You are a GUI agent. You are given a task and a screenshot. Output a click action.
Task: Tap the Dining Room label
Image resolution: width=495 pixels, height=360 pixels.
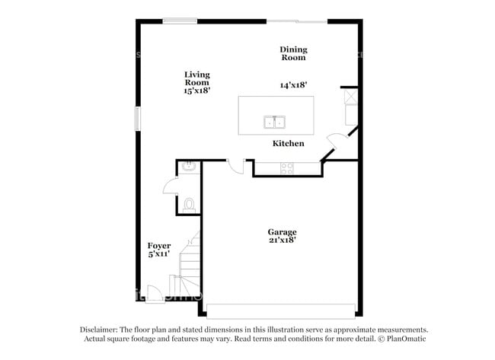click(293, 53)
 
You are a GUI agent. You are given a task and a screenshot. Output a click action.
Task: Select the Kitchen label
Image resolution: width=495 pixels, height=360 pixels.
click(289, 143)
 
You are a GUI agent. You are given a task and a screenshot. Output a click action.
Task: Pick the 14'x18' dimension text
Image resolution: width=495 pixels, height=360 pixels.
click(292, 86)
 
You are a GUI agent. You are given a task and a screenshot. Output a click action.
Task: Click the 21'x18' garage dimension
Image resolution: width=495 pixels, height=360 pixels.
click(282, 240)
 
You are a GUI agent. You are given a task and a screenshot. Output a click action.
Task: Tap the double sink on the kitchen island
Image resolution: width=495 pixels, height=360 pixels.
click(274, 122)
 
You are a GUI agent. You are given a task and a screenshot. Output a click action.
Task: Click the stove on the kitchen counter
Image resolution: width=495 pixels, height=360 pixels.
click(287, 168)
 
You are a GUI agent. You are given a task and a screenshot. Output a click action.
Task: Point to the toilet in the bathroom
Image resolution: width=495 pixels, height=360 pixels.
click(190, 204)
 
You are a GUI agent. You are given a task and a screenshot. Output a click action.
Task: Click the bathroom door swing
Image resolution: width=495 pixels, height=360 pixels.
click(171, 189)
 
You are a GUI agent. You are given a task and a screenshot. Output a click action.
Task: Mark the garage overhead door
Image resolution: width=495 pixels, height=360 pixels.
click(281, 311)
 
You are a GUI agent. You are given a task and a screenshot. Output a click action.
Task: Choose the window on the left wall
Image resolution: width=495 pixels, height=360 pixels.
click(138, 119)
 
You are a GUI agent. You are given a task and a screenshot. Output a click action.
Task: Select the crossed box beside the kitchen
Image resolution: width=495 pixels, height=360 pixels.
click(350, 98)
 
